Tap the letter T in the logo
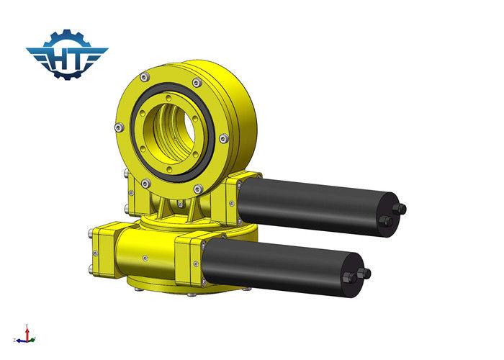tap(79, 59)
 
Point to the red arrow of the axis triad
tap(27, 333)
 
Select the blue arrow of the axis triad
tap(22, 341)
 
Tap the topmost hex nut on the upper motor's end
tap(399, 209)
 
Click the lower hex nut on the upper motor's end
tap(386, 221)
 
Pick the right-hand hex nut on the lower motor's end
tap(364, 274)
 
